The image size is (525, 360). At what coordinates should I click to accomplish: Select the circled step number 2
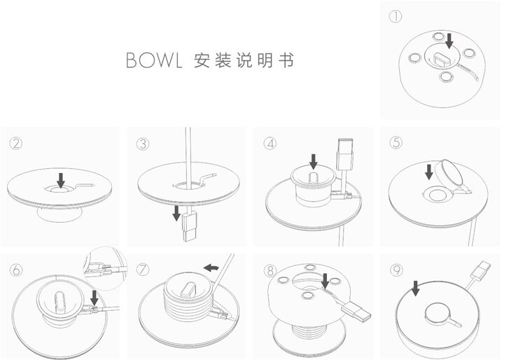[17, 144]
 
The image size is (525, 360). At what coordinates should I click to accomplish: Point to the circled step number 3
[143, 144]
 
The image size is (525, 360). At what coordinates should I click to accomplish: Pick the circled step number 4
[269, 144]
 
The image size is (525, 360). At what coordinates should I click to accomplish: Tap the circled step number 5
[396, 143]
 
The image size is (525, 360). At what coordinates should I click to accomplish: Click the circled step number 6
[17, 270]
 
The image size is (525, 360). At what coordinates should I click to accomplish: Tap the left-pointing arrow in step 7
[211, 267]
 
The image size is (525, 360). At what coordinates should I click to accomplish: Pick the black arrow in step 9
[415, 286]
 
